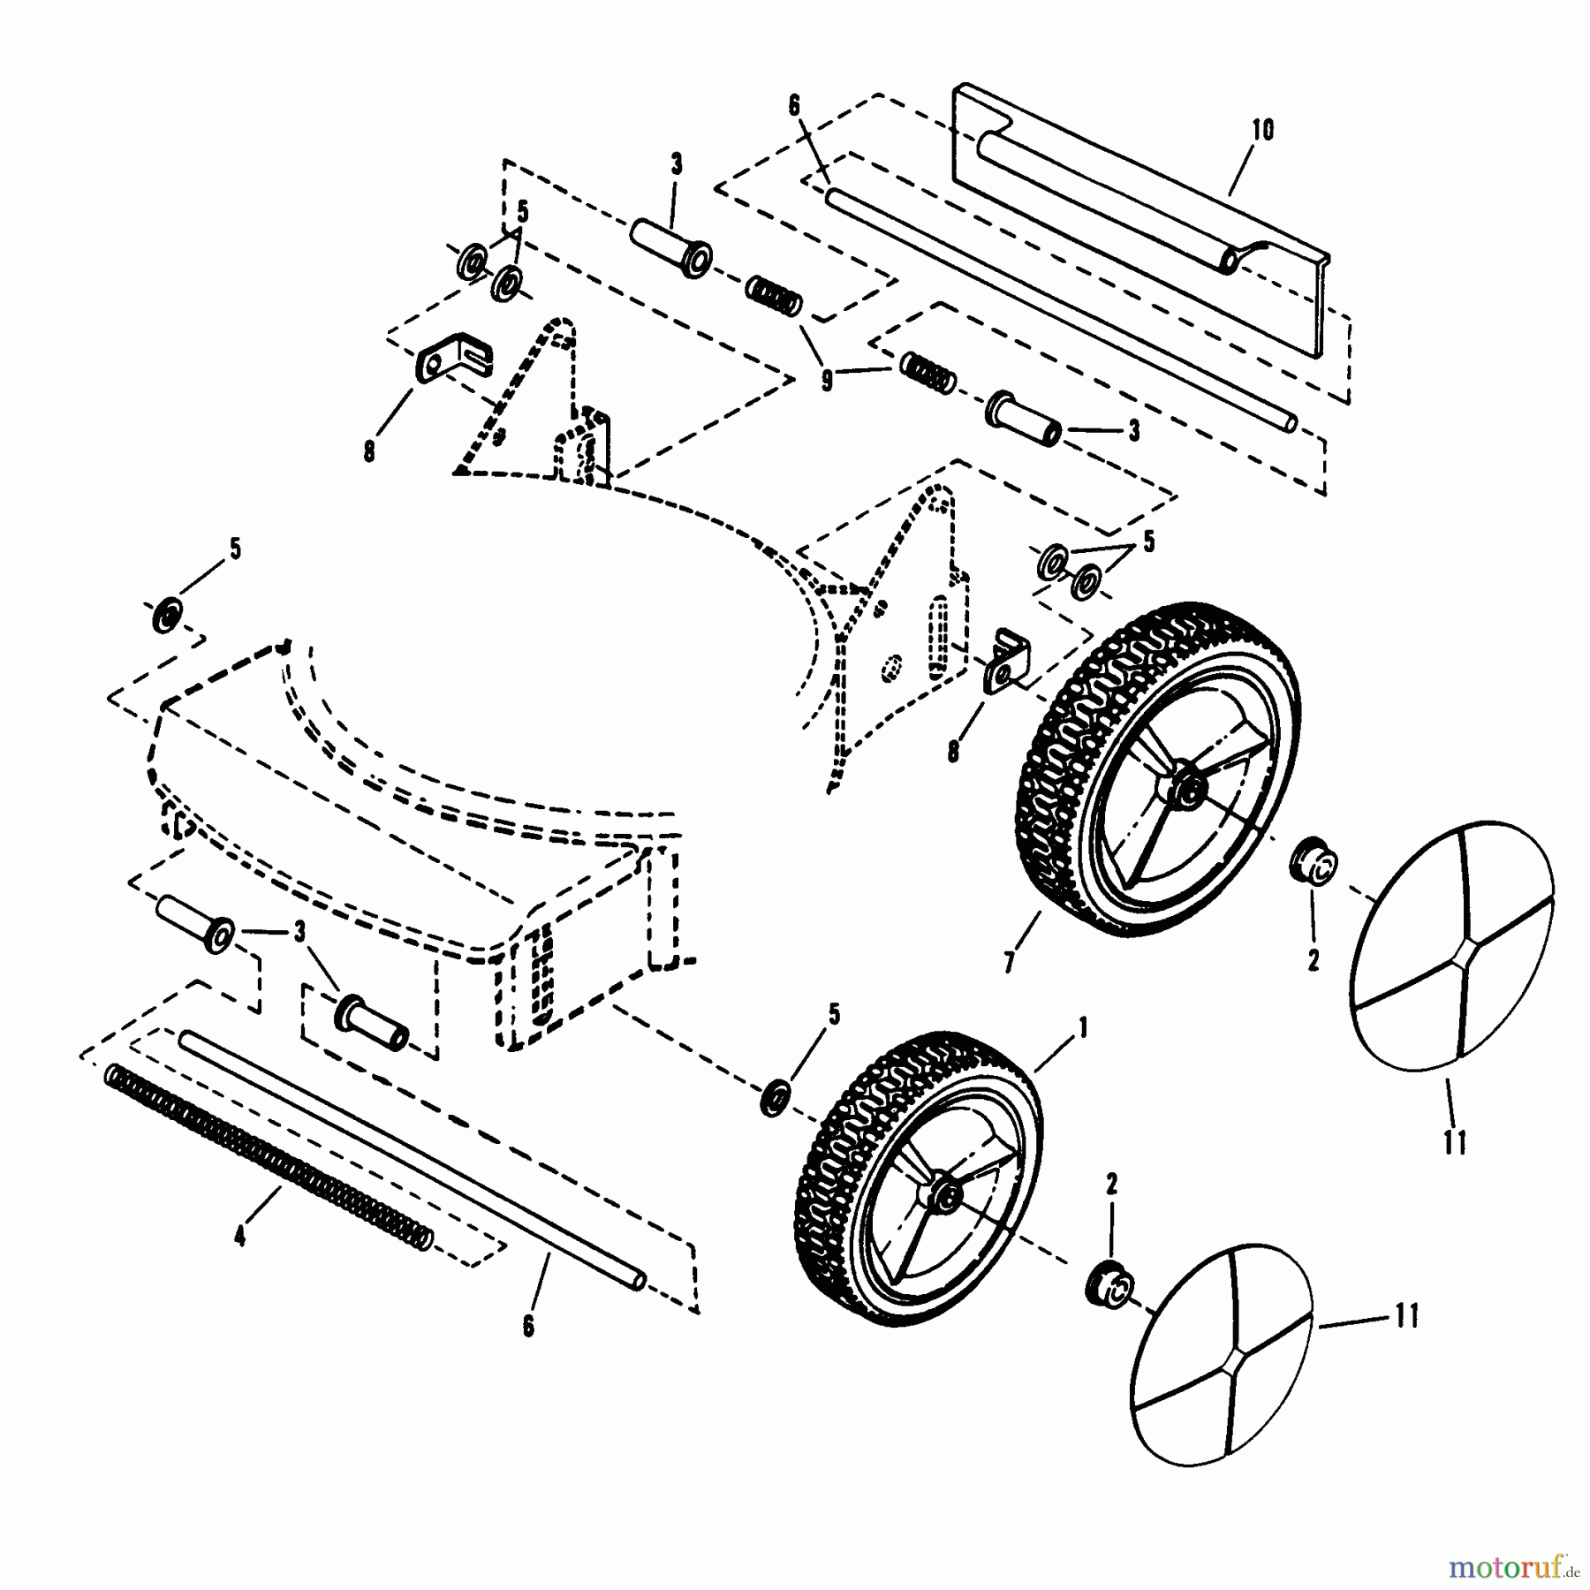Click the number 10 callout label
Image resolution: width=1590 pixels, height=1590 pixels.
click(1262, 131)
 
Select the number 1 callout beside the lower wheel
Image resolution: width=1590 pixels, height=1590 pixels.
click(1083, 1028)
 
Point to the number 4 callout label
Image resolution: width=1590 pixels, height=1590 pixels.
click(239, 1238)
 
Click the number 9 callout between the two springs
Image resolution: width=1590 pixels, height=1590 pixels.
click(826, 382)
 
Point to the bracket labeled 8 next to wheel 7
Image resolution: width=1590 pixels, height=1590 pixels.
click(1006, 660)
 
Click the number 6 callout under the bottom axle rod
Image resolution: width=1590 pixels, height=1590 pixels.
click(528, 1328)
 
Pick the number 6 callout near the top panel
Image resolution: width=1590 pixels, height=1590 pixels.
click(792, 106)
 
